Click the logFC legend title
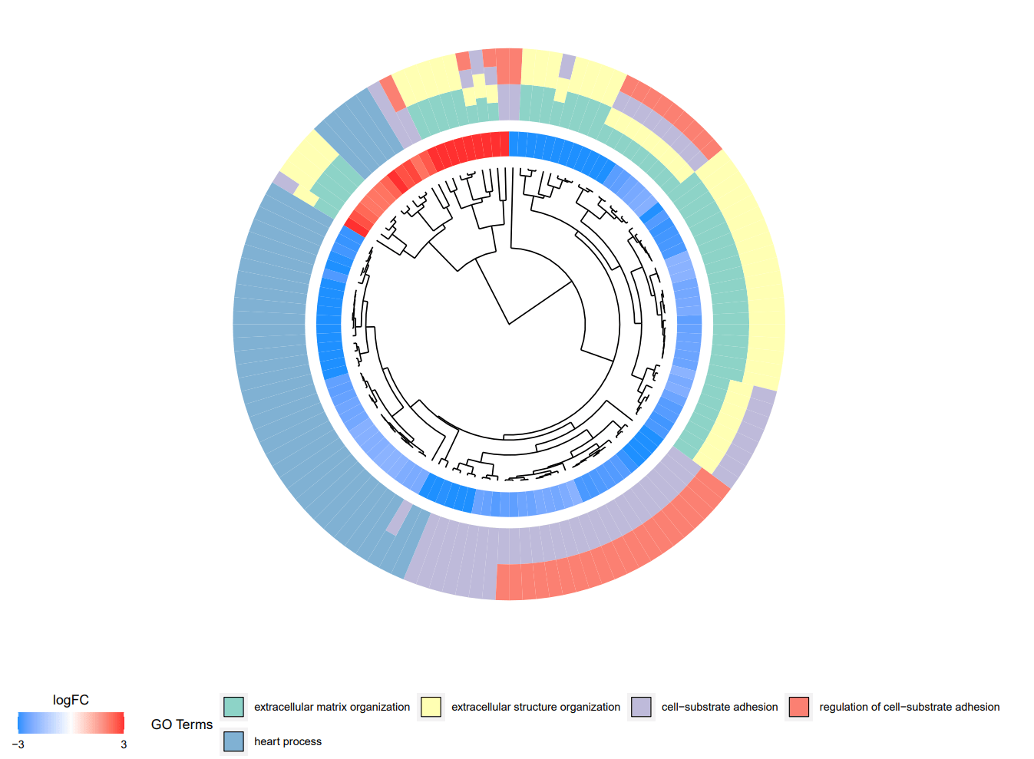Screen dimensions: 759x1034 [71, 700]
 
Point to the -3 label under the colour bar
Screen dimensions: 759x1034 [18, 744]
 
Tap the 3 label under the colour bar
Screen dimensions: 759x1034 [124, 744]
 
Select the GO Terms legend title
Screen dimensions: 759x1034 [182, 724]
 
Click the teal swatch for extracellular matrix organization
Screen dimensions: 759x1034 [233, 707]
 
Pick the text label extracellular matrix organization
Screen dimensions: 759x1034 [332, 707]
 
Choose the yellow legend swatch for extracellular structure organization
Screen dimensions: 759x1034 [431, 707]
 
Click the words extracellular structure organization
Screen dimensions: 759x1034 [535, 707]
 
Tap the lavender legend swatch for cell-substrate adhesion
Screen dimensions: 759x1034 [641, 707]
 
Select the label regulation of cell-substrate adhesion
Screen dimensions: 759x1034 [909, 707]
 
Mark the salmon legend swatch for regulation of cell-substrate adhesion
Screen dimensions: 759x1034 [799, 707]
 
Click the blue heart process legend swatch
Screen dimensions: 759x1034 [233, 741]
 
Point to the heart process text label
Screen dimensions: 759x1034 [288, 741]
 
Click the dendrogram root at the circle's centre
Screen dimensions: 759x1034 [509, 324]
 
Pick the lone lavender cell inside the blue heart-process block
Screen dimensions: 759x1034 [398, 517]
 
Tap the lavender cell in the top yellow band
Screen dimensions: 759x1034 [567, 66]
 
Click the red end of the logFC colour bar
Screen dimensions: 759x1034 [117, 723]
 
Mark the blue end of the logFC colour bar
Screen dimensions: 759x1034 [25, 723]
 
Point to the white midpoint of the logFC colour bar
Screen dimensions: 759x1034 [71, 723]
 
